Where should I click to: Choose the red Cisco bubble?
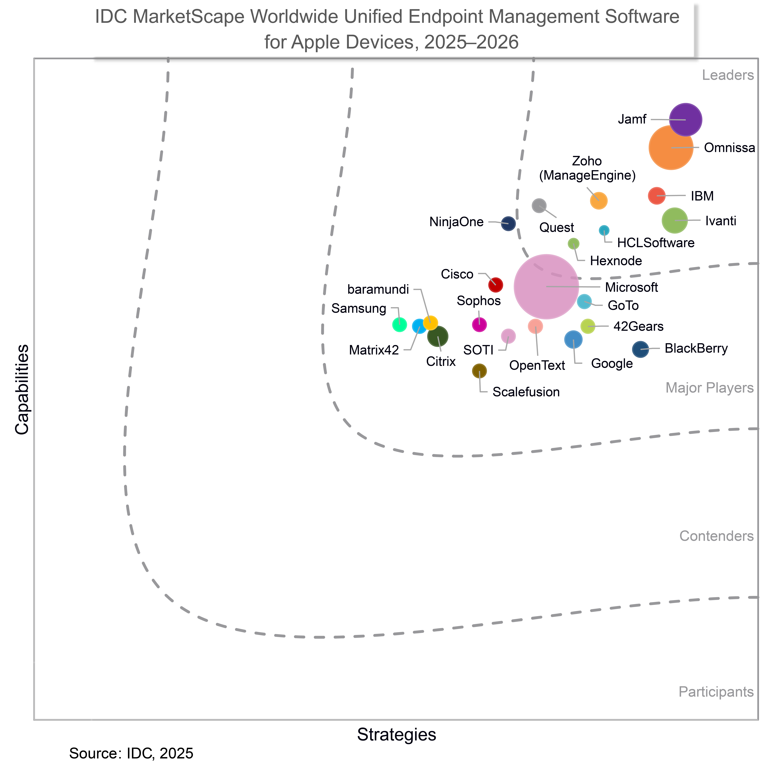[495, 285]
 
